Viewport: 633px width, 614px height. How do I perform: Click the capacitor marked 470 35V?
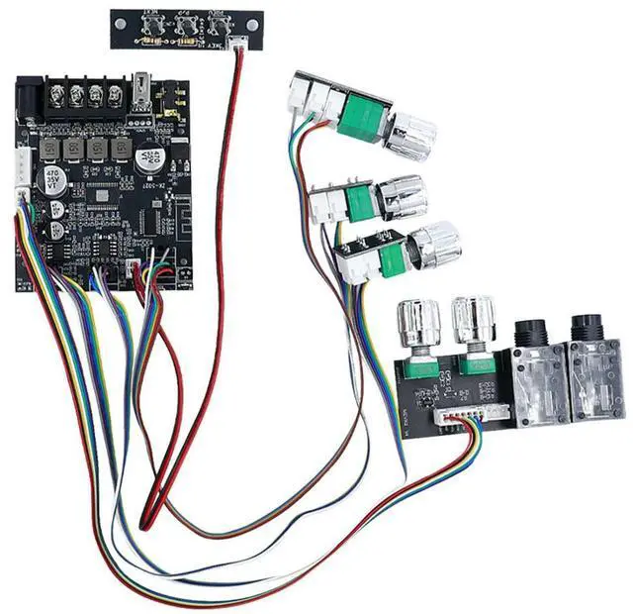click(49, 181)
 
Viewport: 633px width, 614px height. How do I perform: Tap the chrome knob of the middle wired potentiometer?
click(401, 198)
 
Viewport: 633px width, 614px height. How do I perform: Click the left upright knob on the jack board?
click(416, 324)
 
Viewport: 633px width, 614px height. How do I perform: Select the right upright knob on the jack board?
click(472, 321)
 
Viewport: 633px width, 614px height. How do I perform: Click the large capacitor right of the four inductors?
click(155, 162)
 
